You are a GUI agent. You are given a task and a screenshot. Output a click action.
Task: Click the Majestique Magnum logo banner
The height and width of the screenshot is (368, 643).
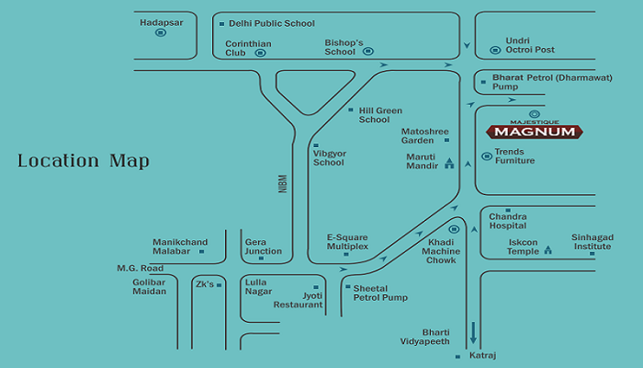pos(535,132)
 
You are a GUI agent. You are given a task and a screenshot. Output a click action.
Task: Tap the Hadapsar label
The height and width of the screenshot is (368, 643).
pos(161,23)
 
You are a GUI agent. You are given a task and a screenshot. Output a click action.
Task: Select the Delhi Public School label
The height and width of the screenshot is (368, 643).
pos(272,23)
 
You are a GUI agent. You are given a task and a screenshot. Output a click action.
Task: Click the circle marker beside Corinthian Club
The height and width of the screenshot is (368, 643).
pos(260,53)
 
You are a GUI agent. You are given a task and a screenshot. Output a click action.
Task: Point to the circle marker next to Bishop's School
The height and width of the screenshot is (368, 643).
pos(368,52)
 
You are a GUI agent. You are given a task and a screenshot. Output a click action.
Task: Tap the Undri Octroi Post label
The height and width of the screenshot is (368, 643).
pos(530,45)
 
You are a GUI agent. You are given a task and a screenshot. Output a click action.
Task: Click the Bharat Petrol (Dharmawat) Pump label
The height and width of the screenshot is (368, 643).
pos(552,82)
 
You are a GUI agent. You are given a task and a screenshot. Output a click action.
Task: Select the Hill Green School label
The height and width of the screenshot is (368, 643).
pos(380,115)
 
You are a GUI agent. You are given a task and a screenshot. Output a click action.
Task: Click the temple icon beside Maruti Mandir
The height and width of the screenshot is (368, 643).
pos(449,163)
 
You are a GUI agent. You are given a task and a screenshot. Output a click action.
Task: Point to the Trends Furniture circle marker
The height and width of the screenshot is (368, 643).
pos(487,156)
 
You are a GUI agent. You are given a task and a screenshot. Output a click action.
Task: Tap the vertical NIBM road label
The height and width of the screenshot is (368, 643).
pos(283,184)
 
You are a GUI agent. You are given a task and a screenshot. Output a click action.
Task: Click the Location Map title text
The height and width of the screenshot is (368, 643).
pos(84,161)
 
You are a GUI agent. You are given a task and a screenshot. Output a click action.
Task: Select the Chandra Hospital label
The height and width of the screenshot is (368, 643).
pos(508,221)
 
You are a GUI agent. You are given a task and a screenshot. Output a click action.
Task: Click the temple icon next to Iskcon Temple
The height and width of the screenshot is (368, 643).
pos(547,249)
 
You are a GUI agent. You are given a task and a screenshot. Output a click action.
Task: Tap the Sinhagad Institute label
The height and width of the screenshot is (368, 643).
pos(592,242)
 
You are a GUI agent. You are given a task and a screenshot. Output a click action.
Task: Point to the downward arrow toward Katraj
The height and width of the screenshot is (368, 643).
pos(473,333)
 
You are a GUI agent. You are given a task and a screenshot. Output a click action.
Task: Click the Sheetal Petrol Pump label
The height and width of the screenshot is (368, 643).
pos(380,293)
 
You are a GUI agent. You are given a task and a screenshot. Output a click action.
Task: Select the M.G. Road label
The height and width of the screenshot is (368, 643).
pos(141,269)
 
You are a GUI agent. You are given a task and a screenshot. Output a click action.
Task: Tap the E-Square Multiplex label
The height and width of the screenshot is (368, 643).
pos(347,242)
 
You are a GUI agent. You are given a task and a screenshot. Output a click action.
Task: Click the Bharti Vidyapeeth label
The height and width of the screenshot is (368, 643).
pos(424,337)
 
